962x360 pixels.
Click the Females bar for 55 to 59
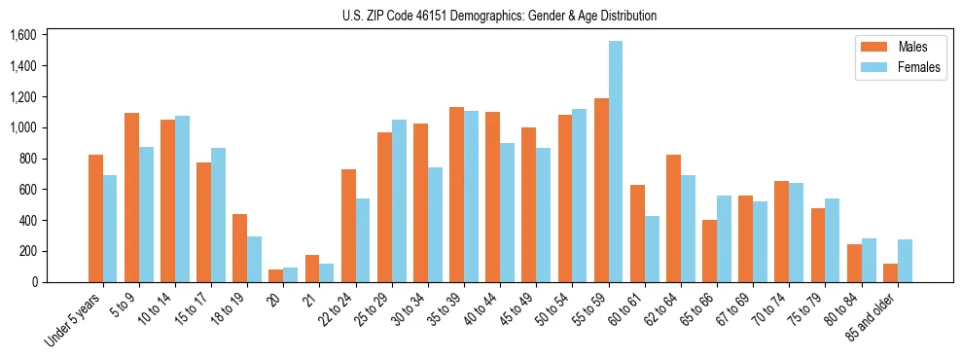pyautogui.click(x=616, y=162)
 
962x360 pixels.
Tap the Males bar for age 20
pyautogui.click(x=276, y=276)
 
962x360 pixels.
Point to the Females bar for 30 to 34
pyautogui.click(x=435, y=225)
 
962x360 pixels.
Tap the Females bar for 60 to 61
pyautogui.click(x=652, y=249)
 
